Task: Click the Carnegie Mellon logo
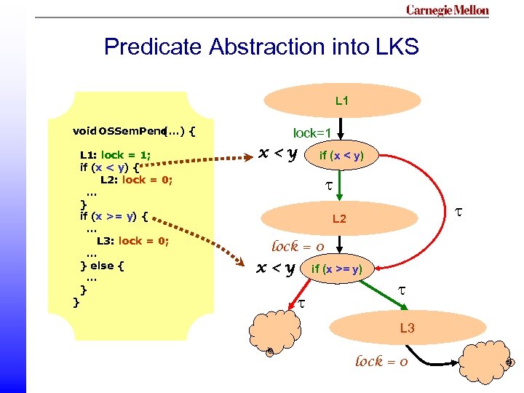pos(447,10)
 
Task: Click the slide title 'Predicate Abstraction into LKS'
pos(261,47)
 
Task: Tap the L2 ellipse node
pos(339,218)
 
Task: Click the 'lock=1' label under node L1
pos(312,133)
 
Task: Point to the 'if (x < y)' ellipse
pos(341,154)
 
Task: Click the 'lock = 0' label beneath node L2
pos(298,246)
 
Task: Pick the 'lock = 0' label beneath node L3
pos(381,361)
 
